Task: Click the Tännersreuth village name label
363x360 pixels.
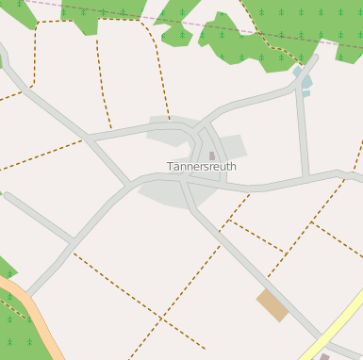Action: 202,167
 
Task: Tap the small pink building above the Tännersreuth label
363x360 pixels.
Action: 212,155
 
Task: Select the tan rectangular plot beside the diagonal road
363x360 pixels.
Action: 272,304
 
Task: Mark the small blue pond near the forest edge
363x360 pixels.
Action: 304,80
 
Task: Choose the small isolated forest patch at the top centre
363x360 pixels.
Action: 176,36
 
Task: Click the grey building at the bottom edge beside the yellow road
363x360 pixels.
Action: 324,356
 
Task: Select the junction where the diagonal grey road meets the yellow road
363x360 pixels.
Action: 321,338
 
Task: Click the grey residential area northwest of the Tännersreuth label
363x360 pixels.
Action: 170,132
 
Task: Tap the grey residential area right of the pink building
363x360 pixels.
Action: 231,147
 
